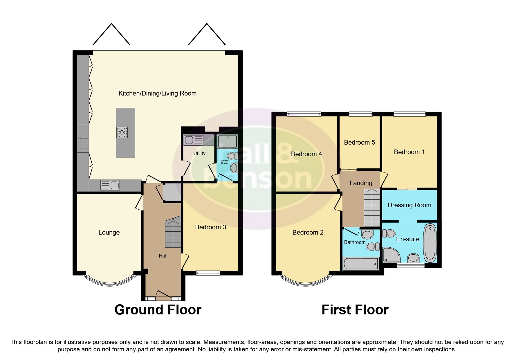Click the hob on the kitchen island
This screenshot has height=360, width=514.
(x=122, y=132)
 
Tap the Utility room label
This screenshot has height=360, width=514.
(x=199, y=153)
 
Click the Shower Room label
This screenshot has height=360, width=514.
(x=224, y=162)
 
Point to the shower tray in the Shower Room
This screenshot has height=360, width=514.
(x=228, y=141)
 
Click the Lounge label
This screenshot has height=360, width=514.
(x=109, y=232)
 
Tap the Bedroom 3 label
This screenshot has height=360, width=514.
(x=210, y=227)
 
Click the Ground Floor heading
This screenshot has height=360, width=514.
(x=158, y=310)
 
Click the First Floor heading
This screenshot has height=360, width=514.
(x=355, y=310)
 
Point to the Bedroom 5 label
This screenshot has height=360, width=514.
(x=359, y=142)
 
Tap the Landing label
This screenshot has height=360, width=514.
(x=361, y=183)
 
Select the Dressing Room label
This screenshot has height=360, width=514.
(x=409, y=205)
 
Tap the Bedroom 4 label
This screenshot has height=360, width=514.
(x=306, y=154)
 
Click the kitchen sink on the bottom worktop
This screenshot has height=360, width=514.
(x=110, y=185)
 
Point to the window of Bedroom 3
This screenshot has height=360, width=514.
(x=208, y=273)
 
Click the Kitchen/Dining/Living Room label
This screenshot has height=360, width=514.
(x=157, y=93)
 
